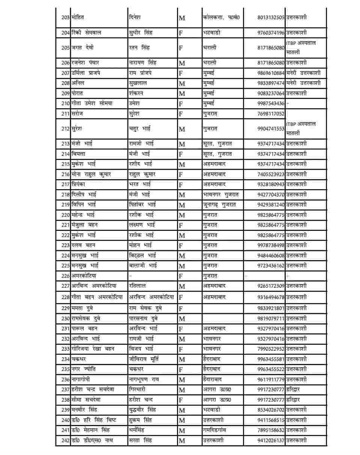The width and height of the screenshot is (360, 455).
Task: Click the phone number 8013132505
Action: point(271,17)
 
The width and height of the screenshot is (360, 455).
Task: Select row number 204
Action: point(66,33)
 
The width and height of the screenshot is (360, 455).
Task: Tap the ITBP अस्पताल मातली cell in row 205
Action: point(301,48)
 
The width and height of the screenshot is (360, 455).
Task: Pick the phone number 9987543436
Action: point(271,103)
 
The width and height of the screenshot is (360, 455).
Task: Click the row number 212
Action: point(66,129)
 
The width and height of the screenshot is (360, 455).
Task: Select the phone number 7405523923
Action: point(271,174)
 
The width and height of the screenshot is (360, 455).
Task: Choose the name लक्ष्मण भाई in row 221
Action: point(142,225)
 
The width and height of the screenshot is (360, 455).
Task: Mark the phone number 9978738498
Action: point(271,245)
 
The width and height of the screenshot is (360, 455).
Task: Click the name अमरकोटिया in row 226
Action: point(84,276)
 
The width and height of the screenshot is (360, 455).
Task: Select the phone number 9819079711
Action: point(271,319)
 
